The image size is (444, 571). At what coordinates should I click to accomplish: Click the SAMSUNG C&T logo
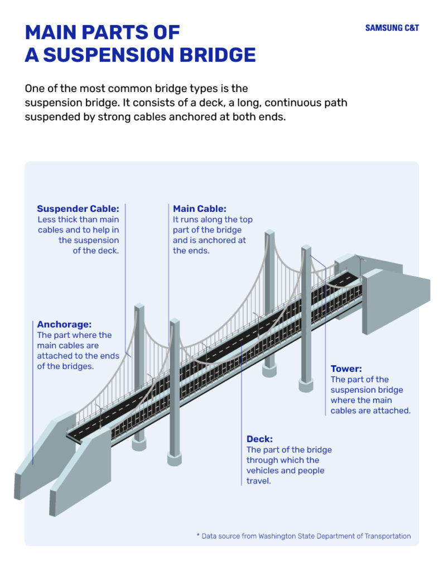click(x=392, y=28)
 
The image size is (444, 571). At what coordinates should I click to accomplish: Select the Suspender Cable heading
click(x=78, y=209)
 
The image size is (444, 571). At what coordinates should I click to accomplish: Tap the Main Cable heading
click(x=199, y=209)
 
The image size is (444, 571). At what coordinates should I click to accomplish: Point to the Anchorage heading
click(x=64, y=324)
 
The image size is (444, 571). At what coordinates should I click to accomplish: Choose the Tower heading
click(x=346, y=369)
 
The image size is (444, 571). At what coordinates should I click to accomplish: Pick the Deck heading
click(x=259, y=439)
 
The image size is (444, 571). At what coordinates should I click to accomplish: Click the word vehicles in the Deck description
click(x=263, y=470)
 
